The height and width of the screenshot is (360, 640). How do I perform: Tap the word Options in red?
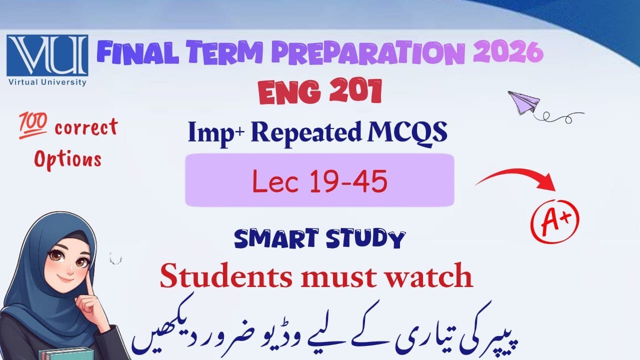(x=67, y=158)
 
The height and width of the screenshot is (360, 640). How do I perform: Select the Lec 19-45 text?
(x=319, y=181)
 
